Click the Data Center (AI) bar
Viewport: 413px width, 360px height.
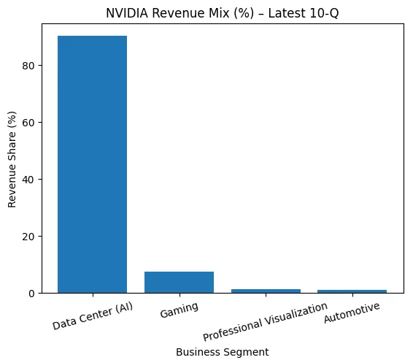(x=92, y=164)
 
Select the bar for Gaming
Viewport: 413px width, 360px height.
(x=179, y=282)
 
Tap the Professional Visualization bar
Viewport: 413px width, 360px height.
(x=266, y=291)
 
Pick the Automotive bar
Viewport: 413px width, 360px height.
(x=352, y=291)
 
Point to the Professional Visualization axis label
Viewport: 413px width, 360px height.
(x=265, y=322)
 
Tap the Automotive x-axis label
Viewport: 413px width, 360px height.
(x=352, y=312)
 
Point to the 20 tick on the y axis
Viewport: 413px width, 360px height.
(x=31, y=237)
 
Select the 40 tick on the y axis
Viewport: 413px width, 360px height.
(x=31, y=180)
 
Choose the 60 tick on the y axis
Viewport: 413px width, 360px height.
(x=31, y=123)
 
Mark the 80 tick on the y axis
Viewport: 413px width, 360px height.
(x=31, y=66)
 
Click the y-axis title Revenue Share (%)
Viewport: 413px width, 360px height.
(x=12, y=159)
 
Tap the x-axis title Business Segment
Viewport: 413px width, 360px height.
(x=223, y=352)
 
